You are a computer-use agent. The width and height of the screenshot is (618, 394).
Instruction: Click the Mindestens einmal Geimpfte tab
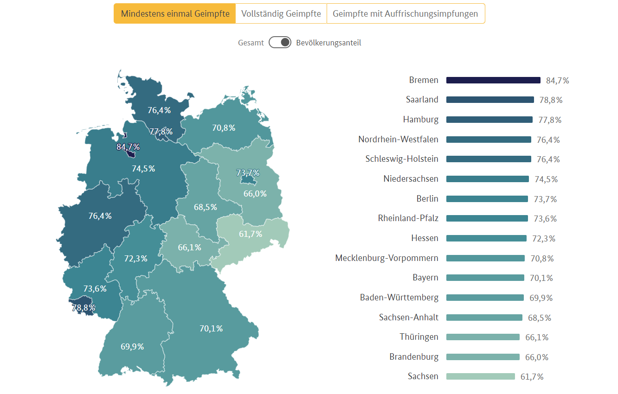[175, 13]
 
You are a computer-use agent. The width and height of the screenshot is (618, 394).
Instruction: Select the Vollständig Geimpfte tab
[281, 13]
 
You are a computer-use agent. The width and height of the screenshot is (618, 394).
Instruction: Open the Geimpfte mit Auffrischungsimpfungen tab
[406, 13]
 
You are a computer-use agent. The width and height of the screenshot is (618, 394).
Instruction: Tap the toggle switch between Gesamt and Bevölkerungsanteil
[280, 43]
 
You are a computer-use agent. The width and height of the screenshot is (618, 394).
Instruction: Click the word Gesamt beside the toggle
[251, 43]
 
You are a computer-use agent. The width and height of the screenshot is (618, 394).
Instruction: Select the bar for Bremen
[493, 80]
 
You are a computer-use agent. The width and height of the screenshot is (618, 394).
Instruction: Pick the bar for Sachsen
[481, 376]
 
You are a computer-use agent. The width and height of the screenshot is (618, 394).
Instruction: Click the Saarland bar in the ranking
[490, 100]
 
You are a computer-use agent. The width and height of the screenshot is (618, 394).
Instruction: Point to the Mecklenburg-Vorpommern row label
[386, 258]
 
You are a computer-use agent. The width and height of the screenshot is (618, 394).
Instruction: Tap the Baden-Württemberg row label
[399, 297]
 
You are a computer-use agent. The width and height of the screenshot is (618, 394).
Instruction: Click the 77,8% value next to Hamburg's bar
[550, 120]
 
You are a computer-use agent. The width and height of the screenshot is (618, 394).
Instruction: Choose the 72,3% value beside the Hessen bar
[544, 238]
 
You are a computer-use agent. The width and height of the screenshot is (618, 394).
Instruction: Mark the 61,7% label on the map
[251, 234]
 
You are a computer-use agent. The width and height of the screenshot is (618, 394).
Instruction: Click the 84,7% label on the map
[128, 147]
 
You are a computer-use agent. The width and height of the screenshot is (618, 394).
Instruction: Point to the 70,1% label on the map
[211, 328]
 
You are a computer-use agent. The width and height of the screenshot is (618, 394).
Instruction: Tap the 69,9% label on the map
[132, 346]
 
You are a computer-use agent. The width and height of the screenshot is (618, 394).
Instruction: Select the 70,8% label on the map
[224, 127]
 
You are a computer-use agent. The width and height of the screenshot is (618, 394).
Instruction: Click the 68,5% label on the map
[206, 207]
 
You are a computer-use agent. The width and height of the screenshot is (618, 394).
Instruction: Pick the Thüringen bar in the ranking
[483, 337]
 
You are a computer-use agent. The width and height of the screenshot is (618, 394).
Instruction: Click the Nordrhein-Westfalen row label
[398, 139]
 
